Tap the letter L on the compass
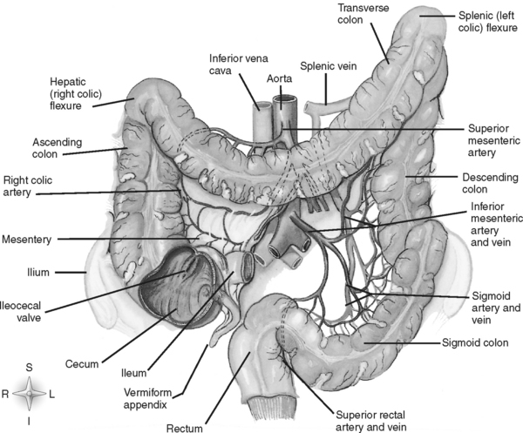[51, 394]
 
